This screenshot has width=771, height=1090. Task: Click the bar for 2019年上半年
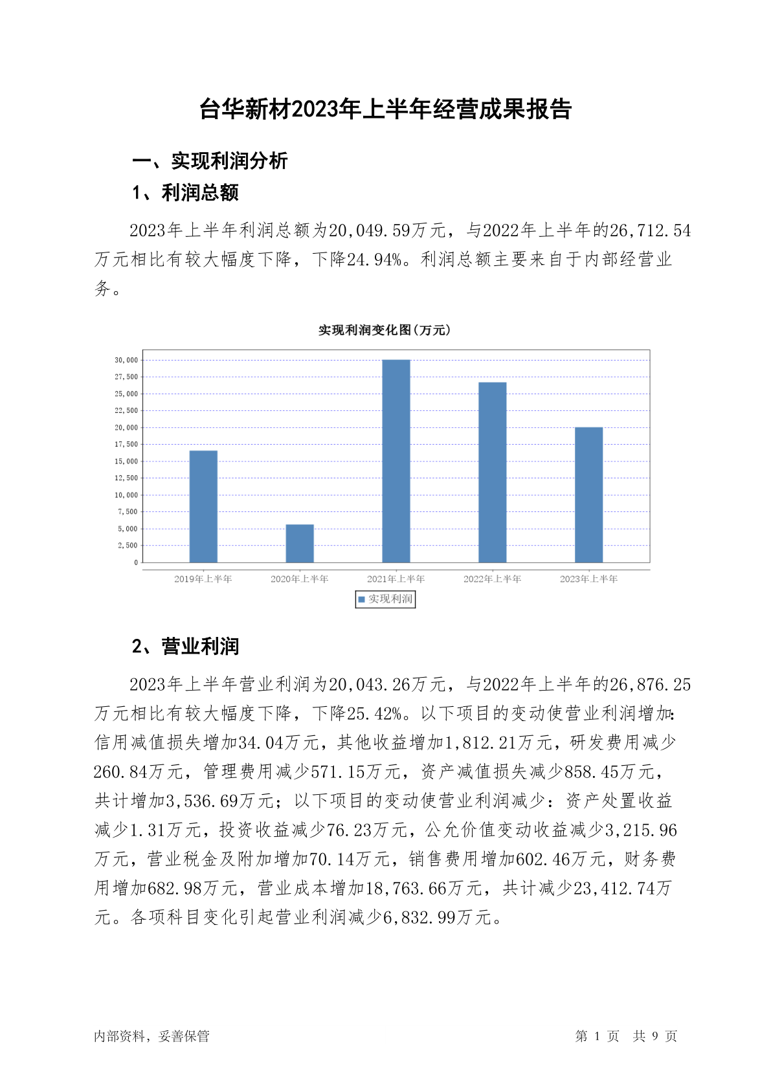point(203,506)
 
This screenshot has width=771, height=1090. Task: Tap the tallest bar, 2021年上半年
point(396,461)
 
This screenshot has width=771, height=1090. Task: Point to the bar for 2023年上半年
point(589,495)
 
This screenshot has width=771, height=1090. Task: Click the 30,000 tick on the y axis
point(126,360)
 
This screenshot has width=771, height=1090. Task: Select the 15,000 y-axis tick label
point(126,461)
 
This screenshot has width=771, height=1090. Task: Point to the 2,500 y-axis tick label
point(128,546)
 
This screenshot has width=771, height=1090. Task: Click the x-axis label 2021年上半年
point(396,579)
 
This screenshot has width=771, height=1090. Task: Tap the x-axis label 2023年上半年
point(589,579)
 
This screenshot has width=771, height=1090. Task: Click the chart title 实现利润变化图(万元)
point(385,330)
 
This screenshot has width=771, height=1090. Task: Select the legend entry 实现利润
point(386,599)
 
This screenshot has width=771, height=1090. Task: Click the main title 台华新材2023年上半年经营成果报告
point(385,109)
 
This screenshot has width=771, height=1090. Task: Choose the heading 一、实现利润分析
point(210,161)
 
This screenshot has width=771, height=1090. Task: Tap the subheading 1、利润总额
point(186,192)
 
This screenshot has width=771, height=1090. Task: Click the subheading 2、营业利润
point(186,646)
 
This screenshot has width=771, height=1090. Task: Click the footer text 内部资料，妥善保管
point(151,1036)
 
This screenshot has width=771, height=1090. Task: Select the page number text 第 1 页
point(597,1036)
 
